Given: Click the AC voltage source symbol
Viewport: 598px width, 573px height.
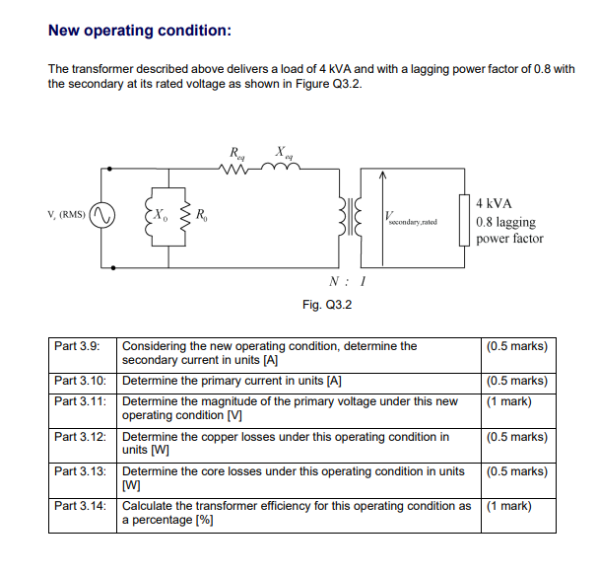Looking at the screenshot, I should [101, 214].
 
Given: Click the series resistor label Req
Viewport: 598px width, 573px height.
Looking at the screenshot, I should [237, 155].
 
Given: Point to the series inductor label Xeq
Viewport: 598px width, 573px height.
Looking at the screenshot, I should [283, 154].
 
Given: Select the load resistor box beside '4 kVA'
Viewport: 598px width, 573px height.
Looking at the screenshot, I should [462, 218].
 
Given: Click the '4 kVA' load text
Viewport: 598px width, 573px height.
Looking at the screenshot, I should [494, 202].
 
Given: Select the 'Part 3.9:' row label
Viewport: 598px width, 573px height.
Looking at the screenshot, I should [78, 346].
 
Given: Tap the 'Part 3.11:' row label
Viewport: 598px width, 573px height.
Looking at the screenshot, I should [80, 401].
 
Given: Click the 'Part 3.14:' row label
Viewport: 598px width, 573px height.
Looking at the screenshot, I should [80, 506].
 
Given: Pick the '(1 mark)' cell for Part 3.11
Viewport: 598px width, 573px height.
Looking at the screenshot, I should [508, 401].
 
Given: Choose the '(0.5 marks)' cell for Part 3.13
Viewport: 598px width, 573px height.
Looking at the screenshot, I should [516, 471].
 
